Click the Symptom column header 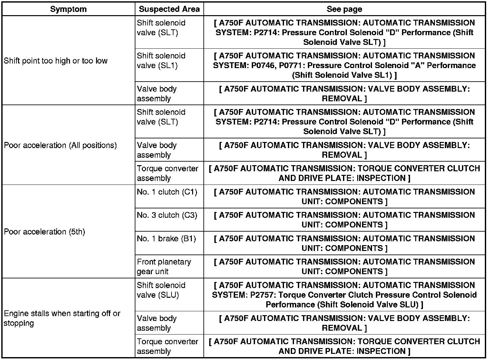68,9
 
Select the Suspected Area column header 169,9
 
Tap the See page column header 344,9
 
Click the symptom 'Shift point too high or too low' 55,61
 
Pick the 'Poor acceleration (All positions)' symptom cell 60,145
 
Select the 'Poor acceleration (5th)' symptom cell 44,232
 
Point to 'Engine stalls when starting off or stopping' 62,318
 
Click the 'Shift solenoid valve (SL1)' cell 161,61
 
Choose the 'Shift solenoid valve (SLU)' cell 161,290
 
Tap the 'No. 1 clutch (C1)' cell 167,192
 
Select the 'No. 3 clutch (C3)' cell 167,215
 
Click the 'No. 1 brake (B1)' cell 166,239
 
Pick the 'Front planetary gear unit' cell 164,266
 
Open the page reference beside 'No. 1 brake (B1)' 344,243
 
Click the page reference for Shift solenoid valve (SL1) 344,65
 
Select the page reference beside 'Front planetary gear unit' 344,266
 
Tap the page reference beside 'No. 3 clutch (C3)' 344,220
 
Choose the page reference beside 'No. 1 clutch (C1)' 344,196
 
